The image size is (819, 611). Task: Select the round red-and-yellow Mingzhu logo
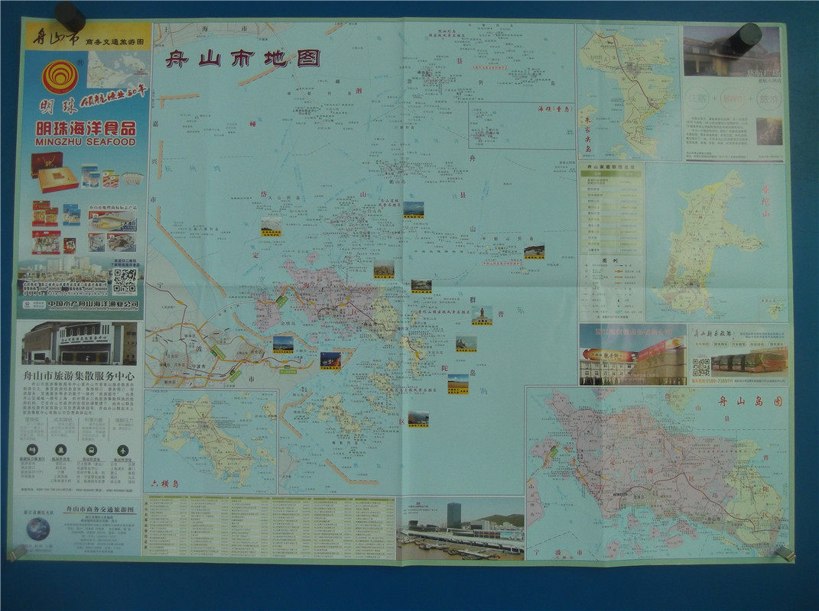[60, 77]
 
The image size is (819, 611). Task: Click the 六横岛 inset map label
[164, 483]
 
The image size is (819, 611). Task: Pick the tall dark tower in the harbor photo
[453, 515]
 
